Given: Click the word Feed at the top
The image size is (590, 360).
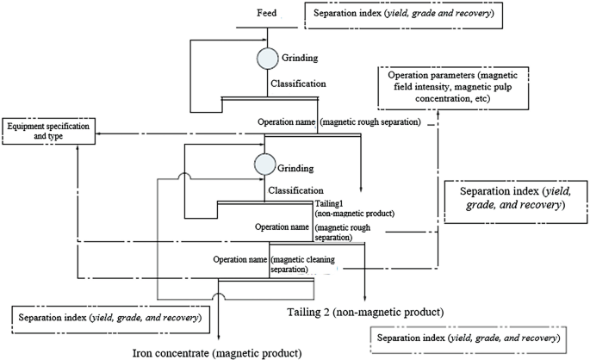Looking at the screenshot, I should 267,14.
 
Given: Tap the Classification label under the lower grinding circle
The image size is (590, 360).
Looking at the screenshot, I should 296,189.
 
